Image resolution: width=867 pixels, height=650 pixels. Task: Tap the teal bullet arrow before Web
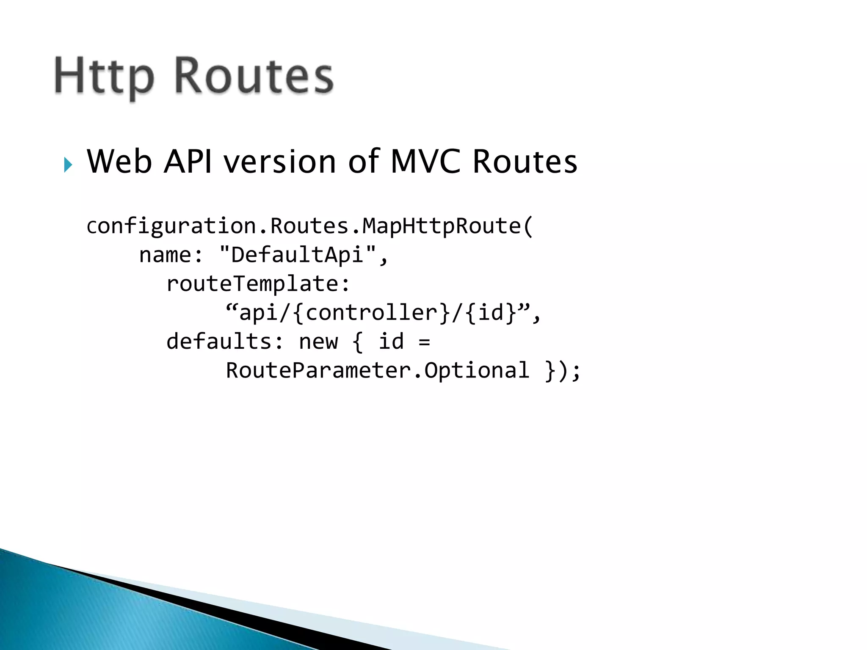68,165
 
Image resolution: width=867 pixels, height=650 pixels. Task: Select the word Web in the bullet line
119,162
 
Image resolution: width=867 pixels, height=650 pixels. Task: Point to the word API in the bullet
188,162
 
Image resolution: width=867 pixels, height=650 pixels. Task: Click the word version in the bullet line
280,162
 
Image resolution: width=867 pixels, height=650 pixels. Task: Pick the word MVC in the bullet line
425,162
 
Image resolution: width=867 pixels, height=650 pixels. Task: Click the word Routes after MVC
525,162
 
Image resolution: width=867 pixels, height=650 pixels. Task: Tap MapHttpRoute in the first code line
442,226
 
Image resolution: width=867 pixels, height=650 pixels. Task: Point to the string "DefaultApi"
298,254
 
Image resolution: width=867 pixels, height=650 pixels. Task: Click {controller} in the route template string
372,313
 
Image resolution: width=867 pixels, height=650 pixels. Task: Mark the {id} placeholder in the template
491,313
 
